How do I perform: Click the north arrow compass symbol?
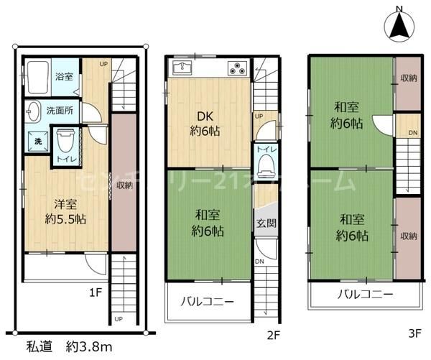point(400,26)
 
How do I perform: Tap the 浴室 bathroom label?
point(63,75)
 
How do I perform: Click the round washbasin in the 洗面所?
point(33,112)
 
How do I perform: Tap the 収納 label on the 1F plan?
point(124,185)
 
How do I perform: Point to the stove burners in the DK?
point(237,69)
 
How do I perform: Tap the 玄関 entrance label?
point(265,223)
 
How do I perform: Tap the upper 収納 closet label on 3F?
point(409,78)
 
